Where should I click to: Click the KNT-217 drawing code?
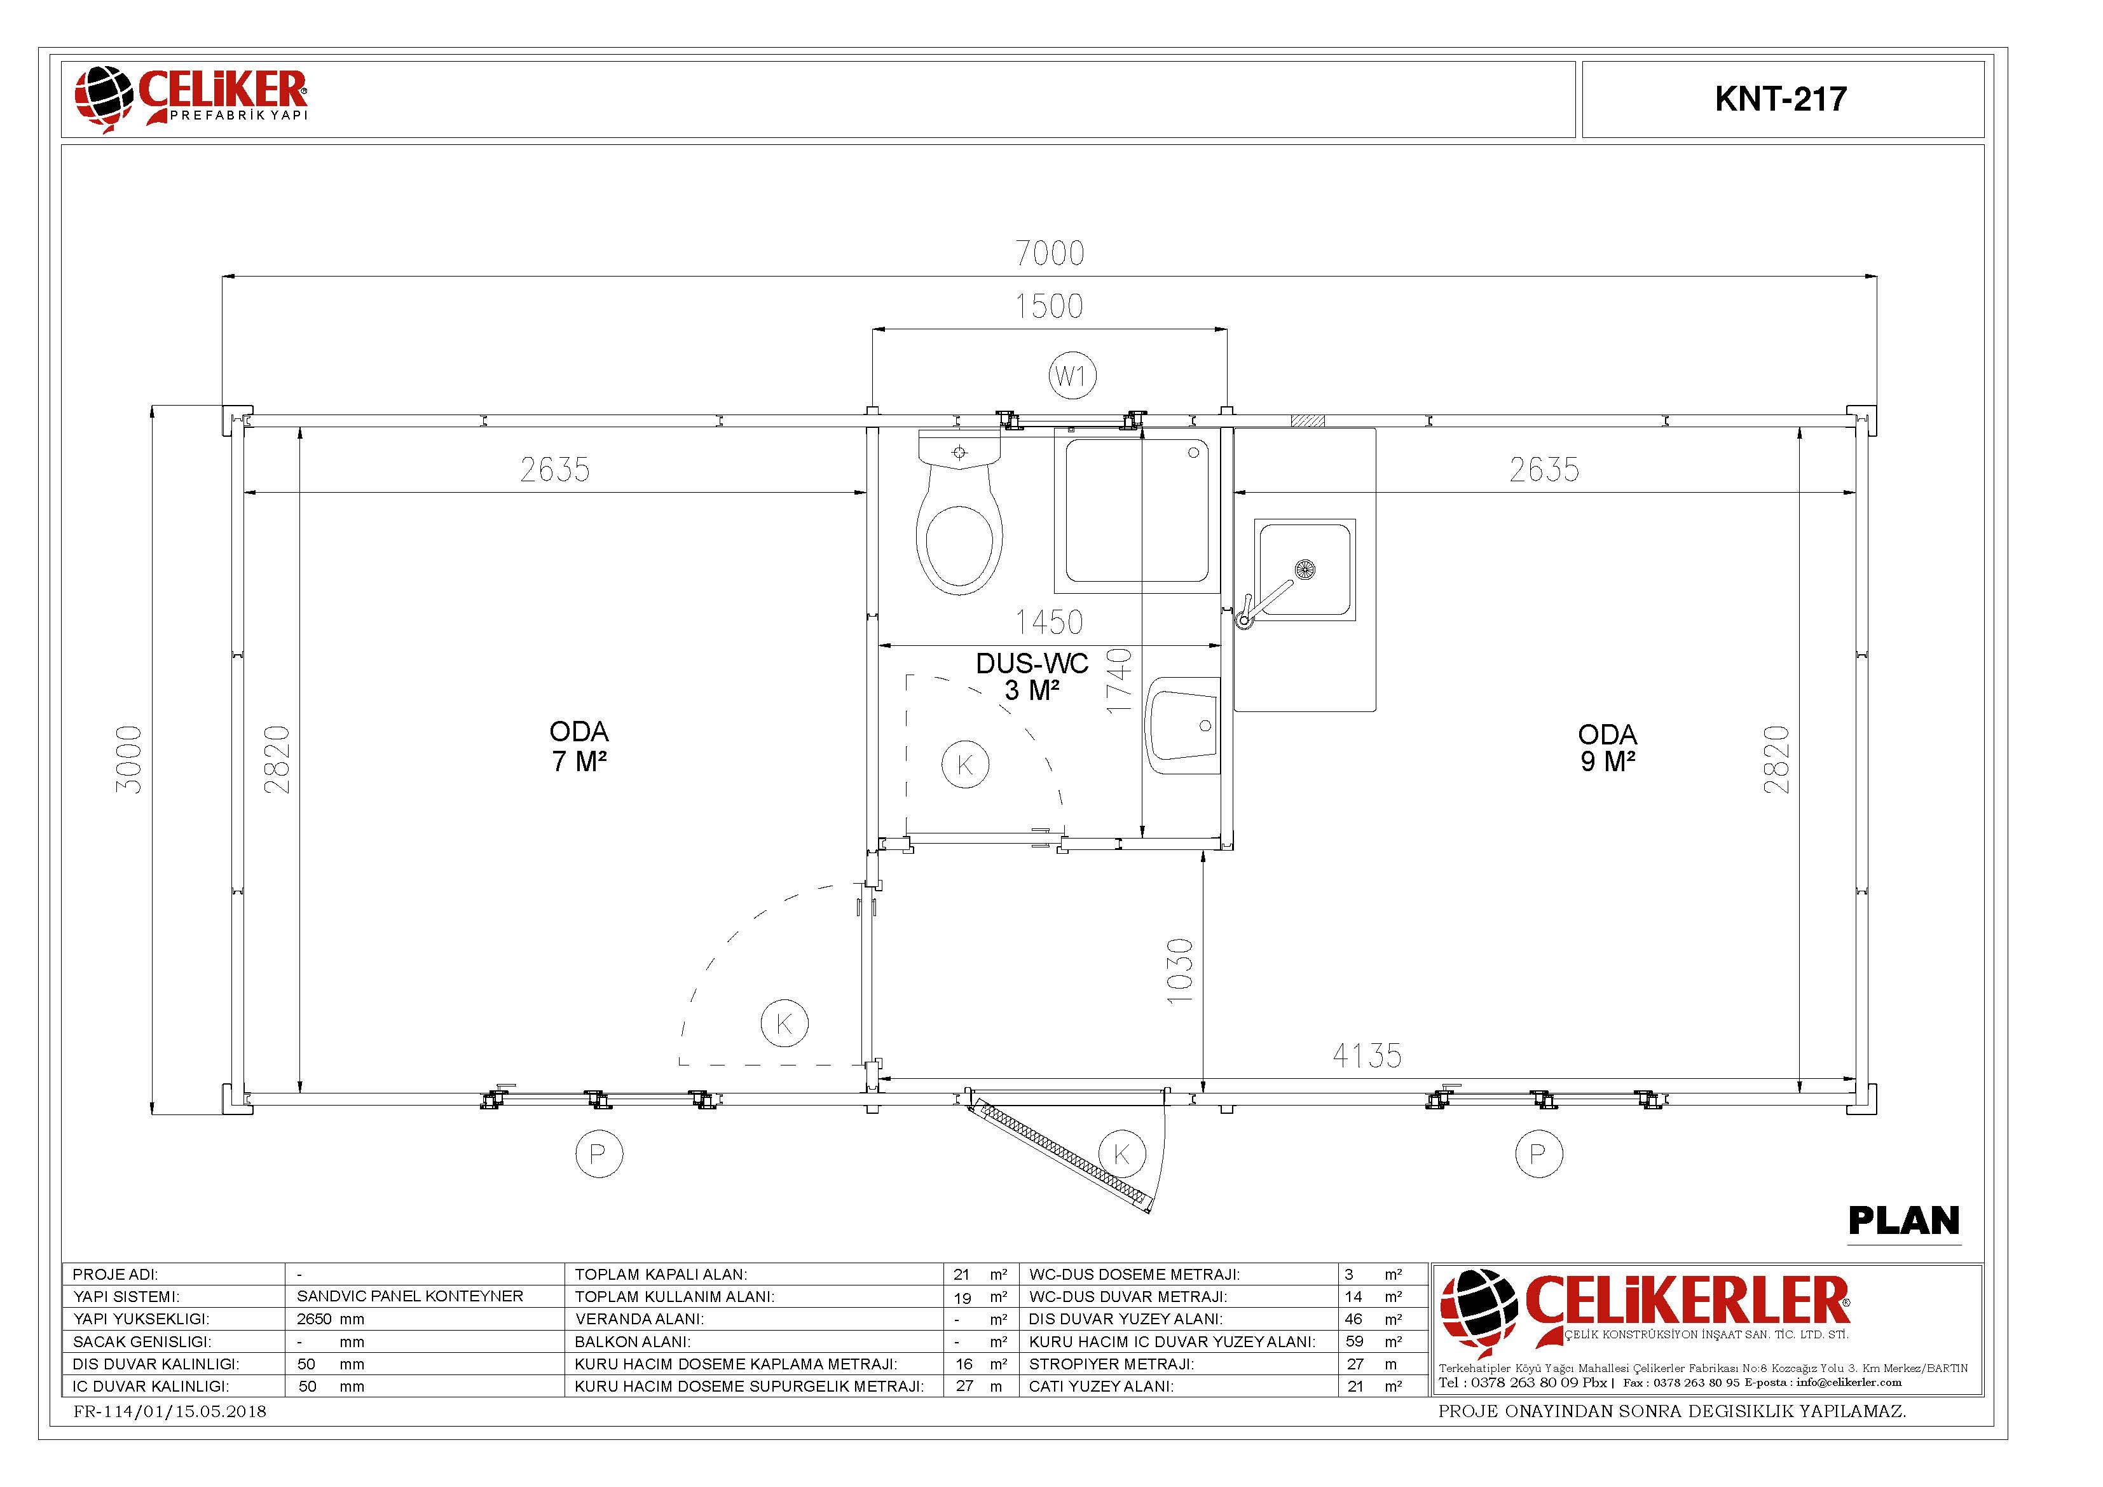coord(1781,99)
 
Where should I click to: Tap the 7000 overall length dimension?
coord(1050,253)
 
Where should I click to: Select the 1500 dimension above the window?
coord(1049,306)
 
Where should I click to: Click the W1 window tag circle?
coord(1072,376)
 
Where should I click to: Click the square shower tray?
coord(1137,511)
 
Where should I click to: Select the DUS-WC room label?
coord(1032,676)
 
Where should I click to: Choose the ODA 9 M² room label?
coord(1608,748)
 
